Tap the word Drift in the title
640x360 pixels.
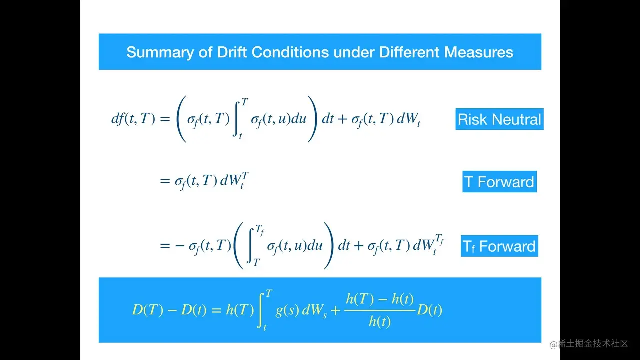point(232,52)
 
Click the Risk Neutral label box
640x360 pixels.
point(499,119)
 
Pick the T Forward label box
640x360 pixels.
point(499,181)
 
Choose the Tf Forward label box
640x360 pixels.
point(499,246)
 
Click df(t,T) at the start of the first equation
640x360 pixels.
point(133,118)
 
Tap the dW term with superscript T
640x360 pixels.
point(234,180)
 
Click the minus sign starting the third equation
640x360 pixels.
point(180,245)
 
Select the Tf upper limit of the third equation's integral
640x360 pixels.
point(260,230)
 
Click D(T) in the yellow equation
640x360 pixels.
point(147,309)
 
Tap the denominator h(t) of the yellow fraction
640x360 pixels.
point(379,321)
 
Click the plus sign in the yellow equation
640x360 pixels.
point(335,310)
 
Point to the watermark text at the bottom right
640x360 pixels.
point(589,344)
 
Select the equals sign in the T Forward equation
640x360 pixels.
point(165,181)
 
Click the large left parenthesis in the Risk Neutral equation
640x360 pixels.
point(181,119)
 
